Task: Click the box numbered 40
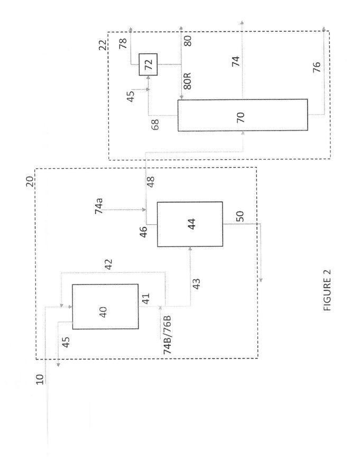click(105, 307)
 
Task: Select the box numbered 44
click(190, 224)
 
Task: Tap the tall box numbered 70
click(243, 115)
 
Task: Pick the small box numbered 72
click(148, 65)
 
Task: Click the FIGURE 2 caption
click(328, 290)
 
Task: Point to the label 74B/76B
click(168, 335)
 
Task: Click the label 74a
click(99, 206)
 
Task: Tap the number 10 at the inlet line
click(40, 379)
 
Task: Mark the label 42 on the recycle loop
click(108, 264)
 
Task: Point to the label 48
click(151, 182)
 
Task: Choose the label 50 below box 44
click(239, 216)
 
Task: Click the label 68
click(155, 124)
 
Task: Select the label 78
click(123, 43)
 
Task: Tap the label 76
click(317, 67)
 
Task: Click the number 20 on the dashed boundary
click(30, 182)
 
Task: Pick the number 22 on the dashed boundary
click(103, 45)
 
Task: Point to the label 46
click(144, 232)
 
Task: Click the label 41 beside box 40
click(145, 298)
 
